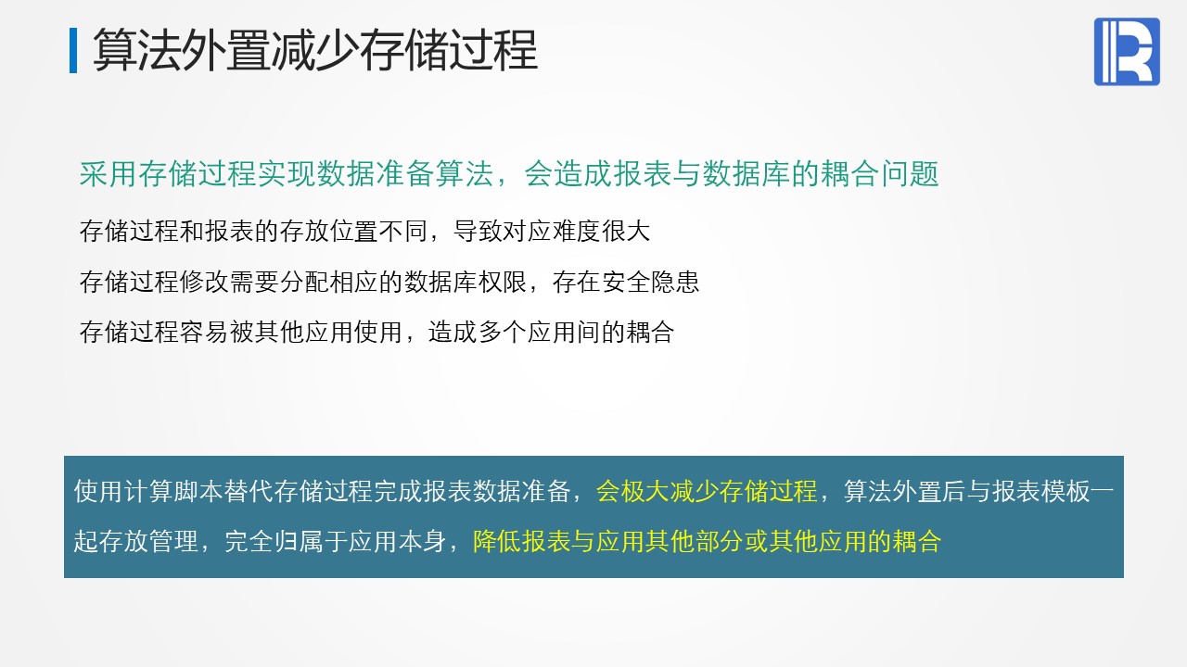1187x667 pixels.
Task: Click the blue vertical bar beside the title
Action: pyautogui.click(x=73, y=50)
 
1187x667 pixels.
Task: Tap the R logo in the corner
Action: pyautogui.click(x=1127, y=51)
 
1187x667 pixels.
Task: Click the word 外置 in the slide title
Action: pyautogui.click(x=226, y=50)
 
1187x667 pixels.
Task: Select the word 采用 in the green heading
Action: pyautogui.click(x=108, y=174)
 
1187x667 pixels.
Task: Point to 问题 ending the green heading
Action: pyautogui.click(x=910, y=174)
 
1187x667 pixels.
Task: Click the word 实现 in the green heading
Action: pyautogui.click(x=287, y=174)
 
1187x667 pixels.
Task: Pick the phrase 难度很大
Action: pyautogui.click(x=600, y=232)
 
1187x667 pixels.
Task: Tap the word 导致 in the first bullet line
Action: pyautogui.click(x=478, y=232)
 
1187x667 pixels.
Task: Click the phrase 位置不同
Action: pyautogui.click(x=377, y=232)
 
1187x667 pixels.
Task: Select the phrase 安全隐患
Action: pyautogui.click(x=650, y=282)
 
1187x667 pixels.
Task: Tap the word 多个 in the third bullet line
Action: pyautogui.click(x=502, y=333)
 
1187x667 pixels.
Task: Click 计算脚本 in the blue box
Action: pyautogui.click(x=172, y=491)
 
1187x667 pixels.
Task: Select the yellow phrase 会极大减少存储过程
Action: pyautogui.click(x=707, y=491)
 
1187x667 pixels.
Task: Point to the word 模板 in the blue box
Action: pyautogui.click(x=1066, y=491)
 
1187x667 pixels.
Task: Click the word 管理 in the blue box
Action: pyautogui.click(x=172, y=542)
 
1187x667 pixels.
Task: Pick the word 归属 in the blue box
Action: pyautogui.click(x=298, y=542)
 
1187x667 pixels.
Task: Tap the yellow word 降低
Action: pyautogui.click(x=496, y=542)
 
